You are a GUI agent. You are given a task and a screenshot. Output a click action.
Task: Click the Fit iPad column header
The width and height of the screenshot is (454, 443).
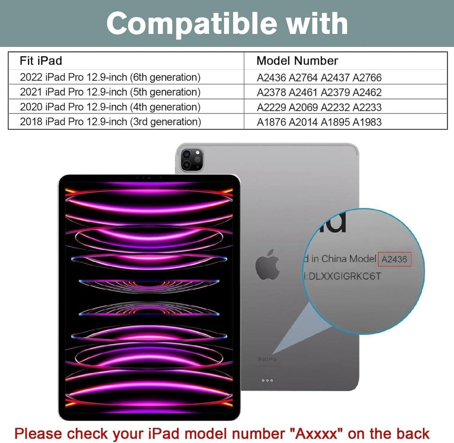(x=41, y=61)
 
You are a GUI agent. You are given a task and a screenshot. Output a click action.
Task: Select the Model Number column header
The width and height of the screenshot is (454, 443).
(x=297, y=61)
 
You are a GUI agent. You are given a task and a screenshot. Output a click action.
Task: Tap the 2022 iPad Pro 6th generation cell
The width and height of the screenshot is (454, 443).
(x=110, y=77)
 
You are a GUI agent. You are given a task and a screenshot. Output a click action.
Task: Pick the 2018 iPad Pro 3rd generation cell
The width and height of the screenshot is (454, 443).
(x=110, y=122)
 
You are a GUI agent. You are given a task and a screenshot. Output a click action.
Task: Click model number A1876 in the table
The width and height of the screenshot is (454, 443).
(x=271, y=122)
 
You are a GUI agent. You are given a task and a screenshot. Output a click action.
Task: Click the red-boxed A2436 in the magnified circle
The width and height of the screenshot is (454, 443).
(x=395, y=260)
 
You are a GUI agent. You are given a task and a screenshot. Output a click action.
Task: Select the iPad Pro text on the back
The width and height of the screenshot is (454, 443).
(x=267, y=359)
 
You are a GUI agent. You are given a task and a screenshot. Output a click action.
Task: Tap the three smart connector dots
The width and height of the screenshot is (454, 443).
(x=267, y=380)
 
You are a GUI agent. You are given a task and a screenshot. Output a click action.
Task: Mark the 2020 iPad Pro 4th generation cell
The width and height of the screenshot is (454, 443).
(x=110, y=107)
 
